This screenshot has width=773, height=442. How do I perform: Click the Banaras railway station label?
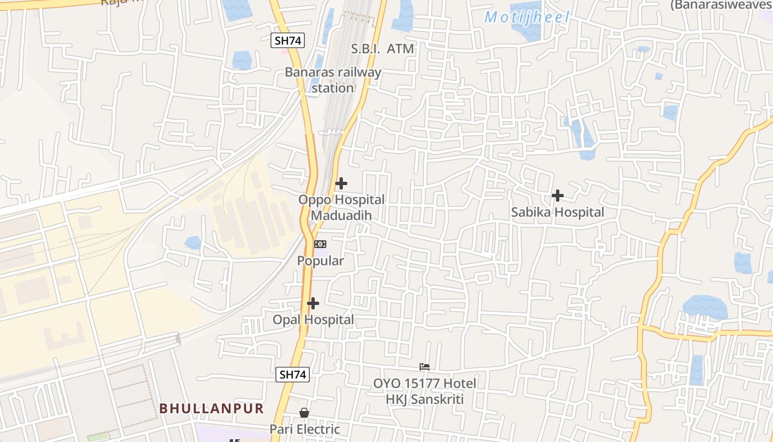point(333,80)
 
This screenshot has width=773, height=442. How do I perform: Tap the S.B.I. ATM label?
point(383,49)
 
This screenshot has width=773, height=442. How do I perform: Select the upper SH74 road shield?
point(288,40)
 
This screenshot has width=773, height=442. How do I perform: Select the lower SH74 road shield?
point(293,374)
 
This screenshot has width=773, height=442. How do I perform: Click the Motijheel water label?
point(527,17)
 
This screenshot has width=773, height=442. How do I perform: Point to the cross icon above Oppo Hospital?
point(341,183)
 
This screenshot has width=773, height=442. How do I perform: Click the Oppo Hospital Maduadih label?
point(341,207)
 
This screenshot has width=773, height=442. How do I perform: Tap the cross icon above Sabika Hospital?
point(558,196)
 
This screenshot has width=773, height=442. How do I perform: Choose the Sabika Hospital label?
point(558,212)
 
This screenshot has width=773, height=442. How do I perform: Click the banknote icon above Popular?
point(320,244)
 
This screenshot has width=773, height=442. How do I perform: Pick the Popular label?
point(321,261)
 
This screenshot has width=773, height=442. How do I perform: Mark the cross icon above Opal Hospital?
point(313,303)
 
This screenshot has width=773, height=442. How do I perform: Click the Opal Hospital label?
point(313,320)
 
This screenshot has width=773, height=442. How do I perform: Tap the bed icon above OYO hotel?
point(425,366)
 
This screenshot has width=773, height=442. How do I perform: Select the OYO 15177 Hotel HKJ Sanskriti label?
point(425,391)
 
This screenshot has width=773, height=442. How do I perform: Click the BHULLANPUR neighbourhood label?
point(211,408)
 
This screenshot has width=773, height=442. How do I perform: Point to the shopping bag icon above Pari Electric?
point(304,413)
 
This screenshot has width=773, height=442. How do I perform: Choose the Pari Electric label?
point(304,429)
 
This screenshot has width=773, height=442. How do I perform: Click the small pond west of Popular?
point(193,243)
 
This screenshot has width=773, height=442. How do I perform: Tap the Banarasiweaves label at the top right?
point(721,5)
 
